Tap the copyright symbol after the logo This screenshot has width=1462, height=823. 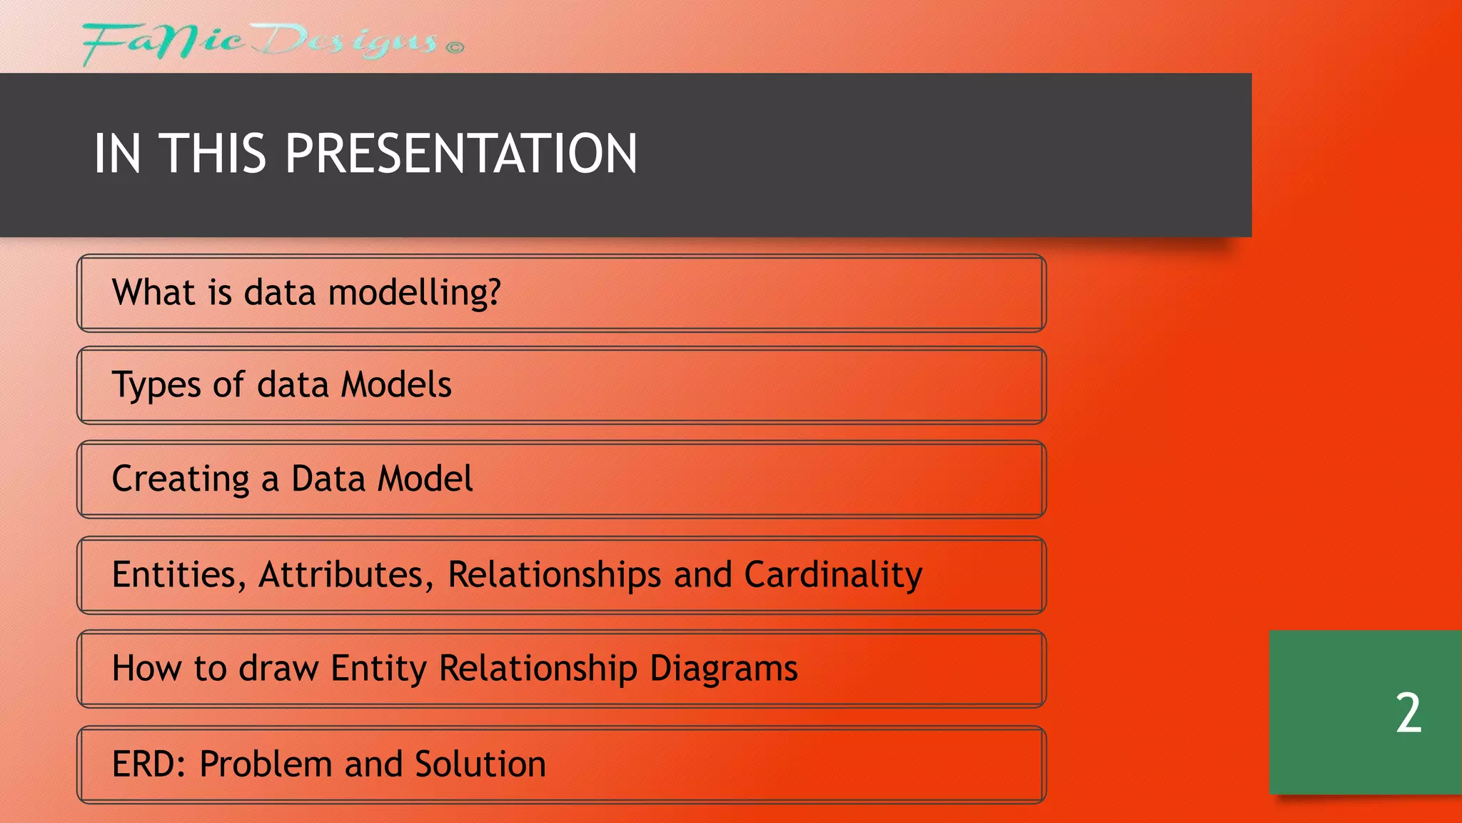455,48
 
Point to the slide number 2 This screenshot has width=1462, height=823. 1408,713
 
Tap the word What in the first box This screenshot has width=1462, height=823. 153,292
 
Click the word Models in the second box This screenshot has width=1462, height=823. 395,384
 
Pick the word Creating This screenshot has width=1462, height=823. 181,479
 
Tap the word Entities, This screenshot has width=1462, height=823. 179,575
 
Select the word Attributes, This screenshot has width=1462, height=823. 346,575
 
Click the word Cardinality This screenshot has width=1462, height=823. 833,575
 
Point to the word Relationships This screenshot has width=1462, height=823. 554,575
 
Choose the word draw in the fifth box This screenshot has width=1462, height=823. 278,669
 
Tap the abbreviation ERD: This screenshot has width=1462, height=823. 149,764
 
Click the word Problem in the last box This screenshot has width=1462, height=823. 265,764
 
